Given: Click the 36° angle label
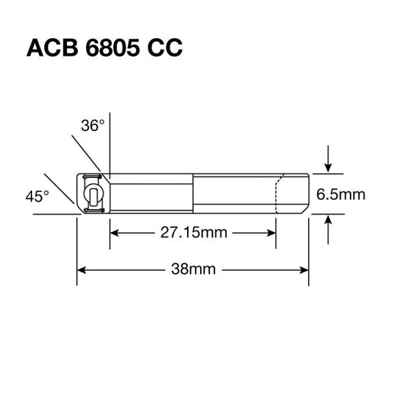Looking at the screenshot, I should [92, 126].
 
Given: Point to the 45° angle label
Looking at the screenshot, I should [36, 196].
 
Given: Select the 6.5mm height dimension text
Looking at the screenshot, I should [341, 195].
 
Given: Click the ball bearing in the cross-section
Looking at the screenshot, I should [92, 194].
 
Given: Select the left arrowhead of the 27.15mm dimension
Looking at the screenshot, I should [116, 233].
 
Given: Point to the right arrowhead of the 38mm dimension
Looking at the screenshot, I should [304, 269].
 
